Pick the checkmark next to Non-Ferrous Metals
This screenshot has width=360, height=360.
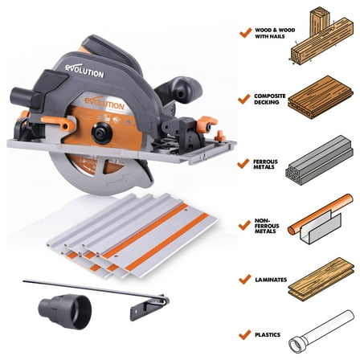243,222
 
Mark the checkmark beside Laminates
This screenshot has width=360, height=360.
243,279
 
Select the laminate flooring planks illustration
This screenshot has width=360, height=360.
321,278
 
